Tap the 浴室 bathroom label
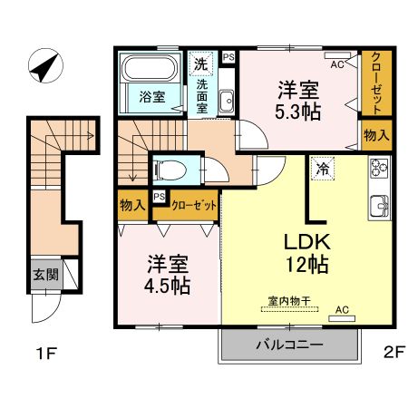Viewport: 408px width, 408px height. (151, 97)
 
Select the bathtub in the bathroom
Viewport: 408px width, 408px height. (151, 71)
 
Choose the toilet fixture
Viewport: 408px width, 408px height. (172, 169)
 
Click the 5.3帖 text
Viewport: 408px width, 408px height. (297, 112)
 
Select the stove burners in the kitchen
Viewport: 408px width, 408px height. (378, 169)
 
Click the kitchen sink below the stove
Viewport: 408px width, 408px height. (378, 204)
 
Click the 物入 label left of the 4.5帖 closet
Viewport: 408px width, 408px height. (132, 206)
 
